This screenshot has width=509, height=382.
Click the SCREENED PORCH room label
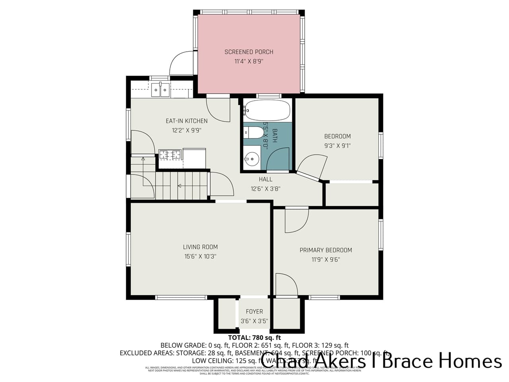(x=249, y=52)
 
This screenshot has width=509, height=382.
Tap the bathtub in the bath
(x=267, y=110)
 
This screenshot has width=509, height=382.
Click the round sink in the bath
(x=251, y=160)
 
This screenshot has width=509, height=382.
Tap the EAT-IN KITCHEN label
(x=187, y=121)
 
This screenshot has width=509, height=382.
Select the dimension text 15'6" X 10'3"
(x=200, y=257)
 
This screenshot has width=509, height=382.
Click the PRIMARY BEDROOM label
(x=326, y=250)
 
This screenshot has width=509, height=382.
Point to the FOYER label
(x=254, y=312)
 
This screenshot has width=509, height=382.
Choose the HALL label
(x=265, y=179)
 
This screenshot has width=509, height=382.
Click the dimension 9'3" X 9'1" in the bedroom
(x=337, y=146)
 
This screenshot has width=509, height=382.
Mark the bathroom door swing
(x=278, y=159)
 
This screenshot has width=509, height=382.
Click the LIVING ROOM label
(x=200, y=247)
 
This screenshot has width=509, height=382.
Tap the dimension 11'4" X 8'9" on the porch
(x=249, y=62)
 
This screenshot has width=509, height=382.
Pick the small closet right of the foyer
(x=286, y=313)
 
